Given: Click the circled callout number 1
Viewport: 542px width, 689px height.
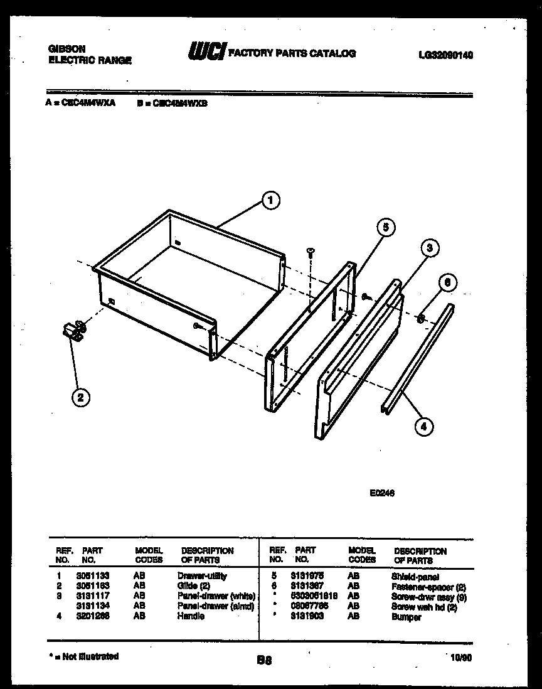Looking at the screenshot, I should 270,201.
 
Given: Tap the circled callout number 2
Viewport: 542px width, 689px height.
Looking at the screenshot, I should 80,397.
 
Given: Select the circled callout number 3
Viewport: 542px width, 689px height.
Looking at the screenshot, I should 429,247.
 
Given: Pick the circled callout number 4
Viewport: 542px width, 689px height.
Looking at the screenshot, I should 423,427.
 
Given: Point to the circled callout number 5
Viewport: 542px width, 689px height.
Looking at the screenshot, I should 386,228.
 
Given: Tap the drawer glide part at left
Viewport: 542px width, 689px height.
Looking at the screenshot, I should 74,330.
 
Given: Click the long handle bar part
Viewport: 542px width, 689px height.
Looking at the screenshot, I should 417,359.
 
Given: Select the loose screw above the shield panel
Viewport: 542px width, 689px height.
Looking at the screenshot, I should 310,252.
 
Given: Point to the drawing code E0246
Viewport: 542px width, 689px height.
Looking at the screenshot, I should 382,493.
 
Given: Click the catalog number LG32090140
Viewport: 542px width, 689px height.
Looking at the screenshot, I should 445,55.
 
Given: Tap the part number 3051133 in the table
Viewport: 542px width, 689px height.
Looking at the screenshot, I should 93,576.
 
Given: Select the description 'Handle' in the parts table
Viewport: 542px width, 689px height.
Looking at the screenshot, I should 191,616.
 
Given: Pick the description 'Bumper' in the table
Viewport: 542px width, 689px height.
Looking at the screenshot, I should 406,617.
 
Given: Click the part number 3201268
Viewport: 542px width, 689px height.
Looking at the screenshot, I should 93,616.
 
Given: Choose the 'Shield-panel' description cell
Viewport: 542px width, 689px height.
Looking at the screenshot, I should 415,577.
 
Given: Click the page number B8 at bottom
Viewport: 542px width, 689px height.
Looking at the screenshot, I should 264,660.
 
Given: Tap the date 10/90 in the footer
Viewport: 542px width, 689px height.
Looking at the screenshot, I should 460,657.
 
